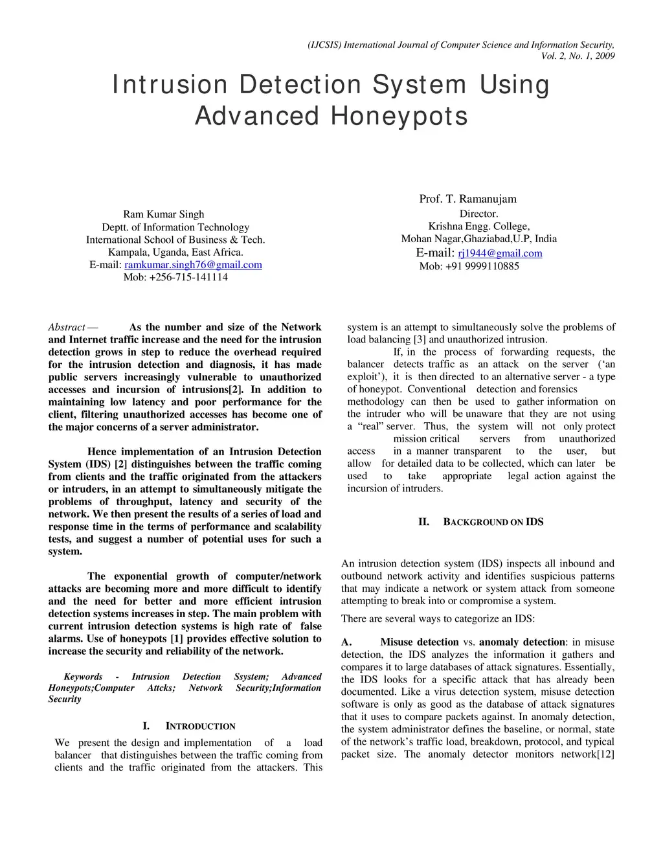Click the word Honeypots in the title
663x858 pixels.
(x=399, y=116)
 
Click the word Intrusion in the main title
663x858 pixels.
(x=170, y=85)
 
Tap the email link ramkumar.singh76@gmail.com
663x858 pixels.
(x=193, y=265)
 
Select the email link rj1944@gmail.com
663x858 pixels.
(x=500, y=253)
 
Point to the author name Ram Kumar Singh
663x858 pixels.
(x=163, y=214)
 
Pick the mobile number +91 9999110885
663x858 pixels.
(x=482, y=266)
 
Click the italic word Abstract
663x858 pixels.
(x=67, y=328)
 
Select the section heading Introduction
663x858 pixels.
(x=200, y=727)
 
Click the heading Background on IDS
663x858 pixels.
(x=493, y=522)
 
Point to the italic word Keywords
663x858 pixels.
(x=83, y=677)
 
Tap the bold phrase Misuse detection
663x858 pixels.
(x=420, y=642)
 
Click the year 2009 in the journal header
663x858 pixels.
(x=604, y=56)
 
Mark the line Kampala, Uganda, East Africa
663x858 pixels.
(x=175, y=253)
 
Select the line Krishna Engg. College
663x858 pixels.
(x=478, y=226)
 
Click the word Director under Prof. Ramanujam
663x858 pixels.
(x=478, y=214)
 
